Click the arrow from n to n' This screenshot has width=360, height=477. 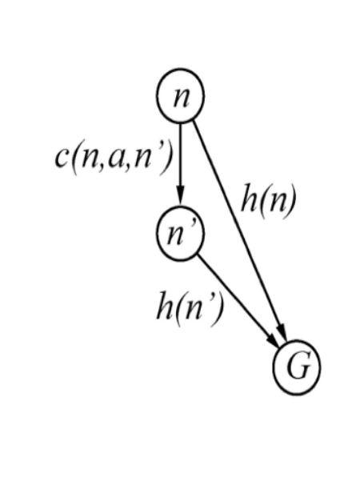[x=180, y=164]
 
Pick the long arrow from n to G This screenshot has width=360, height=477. [x=240, y=230]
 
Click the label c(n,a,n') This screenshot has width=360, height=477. [x=114, y=158]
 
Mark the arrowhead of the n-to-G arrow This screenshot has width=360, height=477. [x=282, y=332]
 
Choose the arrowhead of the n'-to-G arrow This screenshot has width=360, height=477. [x=273, y=340]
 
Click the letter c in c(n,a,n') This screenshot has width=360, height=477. [x=62, y=158]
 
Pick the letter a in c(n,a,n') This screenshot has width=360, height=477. [x=116, y=158]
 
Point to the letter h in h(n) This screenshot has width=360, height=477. [x=249, y=198]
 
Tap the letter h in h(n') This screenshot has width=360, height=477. [x=164, y=306]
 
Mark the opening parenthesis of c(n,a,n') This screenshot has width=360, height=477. [x=75, y=159]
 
